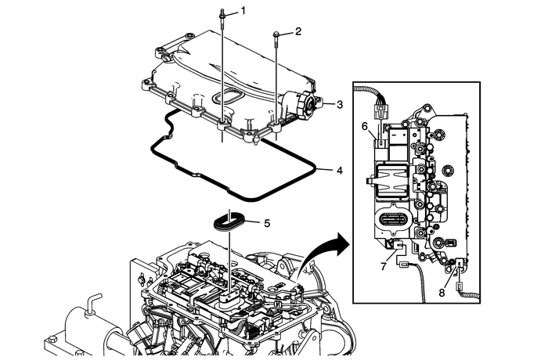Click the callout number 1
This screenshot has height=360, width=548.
(243, 11)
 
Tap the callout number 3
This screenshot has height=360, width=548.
(338, 103)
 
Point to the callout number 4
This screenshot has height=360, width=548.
(338, 169)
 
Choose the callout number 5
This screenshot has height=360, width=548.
(267, 223)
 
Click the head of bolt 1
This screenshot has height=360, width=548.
(224, 13)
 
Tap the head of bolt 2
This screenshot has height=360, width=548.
(278, 34)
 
